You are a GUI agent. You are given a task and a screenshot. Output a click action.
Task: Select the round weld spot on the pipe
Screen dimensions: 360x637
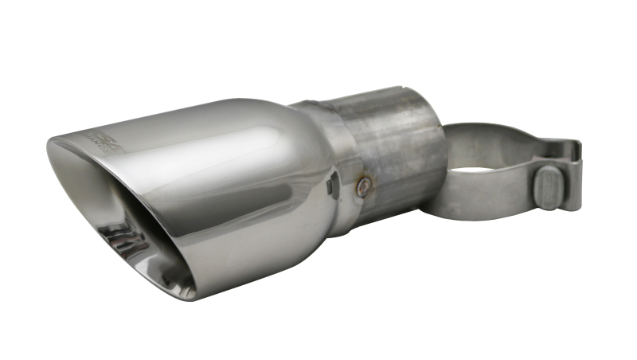(x=364, y=186)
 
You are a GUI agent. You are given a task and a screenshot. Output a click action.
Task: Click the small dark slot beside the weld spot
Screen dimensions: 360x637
(x=334, y=185)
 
